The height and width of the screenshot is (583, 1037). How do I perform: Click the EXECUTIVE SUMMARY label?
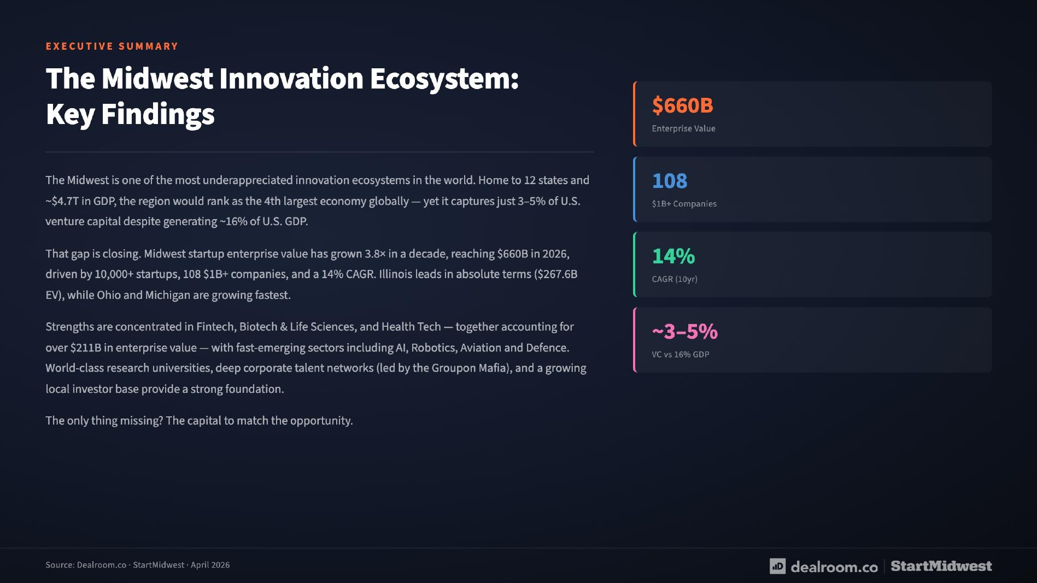112,46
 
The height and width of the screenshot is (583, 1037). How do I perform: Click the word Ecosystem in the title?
443,79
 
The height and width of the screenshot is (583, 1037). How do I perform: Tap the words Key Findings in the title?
130,114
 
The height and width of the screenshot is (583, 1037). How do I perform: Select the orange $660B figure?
682,105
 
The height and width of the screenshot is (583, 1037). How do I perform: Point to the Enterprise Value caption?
683,128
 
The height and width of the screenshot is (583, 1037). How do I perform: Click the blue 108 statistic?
670,181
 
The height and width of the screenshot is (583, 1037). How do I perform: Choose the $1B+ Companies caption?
684,204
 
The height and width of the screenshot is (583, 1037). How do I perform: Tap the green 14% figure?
673,256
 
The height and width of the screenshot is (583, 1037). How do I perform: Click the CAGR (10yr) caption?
675,279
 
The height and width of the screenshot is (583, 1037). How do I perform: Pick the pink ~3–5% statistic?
684,331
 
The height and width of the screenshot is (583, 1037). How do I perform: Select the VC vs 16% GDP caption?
681,355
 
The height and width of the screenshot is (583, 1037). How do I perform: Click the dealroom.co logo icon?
777,566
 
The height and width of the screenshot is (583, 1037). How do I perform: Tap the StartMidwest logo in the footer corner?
941,566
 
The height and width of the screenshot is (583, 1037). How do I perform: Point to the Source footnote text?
138,565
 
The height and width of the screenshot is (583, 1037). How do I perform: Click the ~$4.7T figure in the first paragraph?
62,201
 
